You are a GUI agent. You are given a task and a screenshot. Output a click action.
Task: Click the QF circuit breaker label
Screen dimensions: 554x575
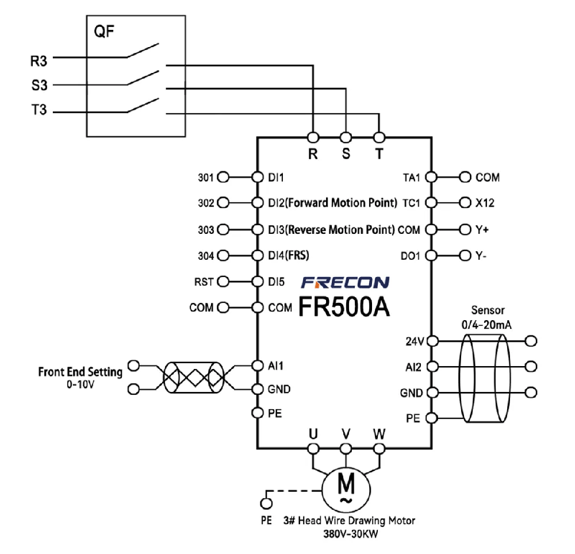[104, 32]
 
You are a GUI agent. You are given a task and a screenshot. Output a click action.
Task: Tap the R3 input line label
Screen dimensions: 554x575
[39, 59]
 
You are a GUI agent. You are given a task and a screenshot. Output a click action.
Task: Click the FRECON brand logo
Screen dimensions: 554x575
[346, 283]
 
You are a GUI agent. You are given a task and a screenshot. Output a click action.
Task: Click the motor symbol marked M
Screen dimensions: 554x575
[346, 488]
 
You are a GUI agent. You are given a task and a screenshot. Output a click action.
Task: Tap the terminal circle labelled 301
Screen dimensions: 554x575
[224, 178]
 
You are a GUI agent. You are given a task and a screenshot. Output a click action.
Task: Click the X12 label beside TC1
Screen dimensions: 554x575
[485, 203]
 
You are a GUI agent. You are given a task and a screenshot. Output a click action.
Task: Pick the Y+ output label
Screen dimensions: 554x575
[482, 229]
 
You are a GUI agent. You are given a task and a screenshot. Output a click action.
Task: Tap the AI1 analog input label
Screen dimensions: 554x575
[276, 366]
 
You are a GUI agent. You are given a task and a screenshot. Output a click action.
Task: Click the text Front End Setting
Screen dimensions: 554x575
[80, 372]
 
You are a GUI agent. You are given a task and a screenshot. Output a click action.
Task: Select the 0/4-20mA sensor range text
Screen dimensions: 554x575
[486, 325]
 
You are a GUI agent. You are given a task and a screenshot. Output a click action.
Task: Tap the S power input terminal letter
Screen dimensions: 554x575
[346, 155]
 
